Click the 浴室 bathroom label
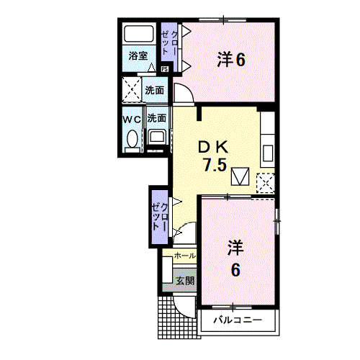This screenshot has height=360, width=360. pos(138,56)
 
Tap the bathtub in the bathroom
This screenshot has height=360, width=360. pos(139,33)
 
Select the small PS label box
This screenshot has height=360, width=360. pos(165,69)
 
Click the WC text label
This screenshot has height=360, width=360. pos(132,120)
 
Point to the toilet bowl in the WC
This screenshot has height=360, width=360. pos(132,139)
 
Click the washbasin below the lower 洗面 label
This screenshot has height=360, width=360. pos(157,137)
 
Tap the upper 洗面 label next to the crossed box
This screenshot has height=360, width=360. pos(155,91)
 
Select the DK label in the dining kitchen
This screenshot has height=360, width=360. pos(213,148)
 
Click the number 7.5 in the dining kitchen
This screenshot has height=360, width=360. pos(215,165)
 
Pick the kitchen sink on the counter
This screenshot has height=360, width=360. pos(268,153)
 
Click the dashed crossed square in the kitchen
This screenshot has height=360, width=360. pos(266,183)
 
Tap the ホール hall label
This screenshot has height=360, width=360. pos(185,256)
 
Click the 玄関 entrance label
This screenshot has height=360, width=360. pos(185,281)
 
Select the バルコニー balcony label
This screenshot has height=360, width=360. pos(238,320)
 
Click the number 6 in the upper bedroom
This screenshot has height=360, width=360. pos(240,60)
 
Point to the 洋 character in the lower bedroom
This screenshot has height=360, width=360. pos(235,248)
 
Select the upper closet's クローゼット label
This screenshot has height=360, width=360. pos(169,42)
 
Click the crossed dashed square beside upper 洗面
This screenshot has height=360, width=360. pos(132,89)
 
